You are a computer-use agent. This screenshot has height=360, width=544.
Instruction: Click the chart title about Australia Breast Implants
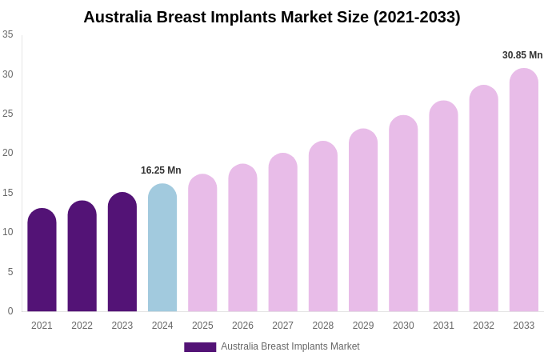pos(272,17)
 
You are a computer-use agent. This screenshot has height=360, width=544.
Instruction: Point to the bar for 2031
pos(443,206)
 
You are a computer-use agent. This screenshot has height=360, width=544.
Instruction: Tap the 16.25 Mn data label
pos(161,170)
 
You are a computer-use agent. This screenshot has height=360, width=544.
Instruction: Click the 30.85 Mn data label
pos(522,55)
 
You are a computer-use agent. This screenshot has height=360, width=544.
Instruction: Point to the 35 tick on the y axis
pos(8,34)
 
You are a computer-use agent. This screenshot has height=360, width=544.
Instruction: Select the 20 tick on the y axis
pos(8,153)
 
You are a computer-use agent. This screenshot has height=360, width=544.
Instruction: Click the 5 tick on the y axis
pos(10,272)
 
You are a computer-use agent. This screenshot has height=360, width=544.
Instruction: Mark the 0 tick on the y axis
pos(10,311)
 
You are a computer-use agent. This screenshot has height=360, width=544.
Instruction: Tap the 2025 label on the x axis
pos(202,326)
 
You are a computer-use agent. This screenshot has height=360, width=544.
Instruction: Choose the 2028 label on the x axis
pos(323,326)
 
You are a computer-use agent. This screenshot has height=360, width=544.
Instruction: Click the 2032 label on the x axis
pos(483,326)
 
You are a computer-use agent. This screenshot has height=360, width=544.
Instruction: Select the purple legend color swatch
pos(200,347)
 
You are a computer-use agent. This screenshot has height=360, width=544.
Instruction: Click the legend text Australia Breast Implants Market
pos(290,346)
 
